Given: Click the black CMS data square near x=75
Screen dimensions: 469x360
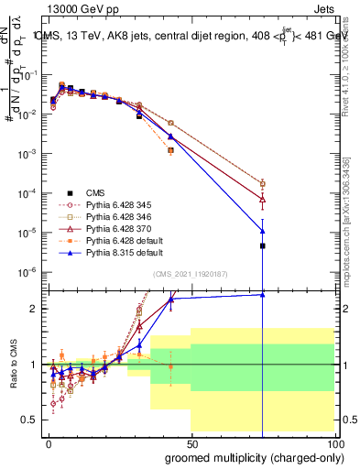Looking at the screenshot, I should click(263, 245).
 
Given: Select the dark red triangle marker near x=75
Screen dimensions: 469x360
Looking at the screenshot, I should click(263, 199).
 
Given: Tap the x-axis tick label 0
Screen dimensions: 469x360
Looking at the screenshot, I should click(47, 442).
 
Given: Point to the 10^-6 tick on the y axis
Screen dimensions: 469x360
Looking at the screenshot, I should click(27, 272).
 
